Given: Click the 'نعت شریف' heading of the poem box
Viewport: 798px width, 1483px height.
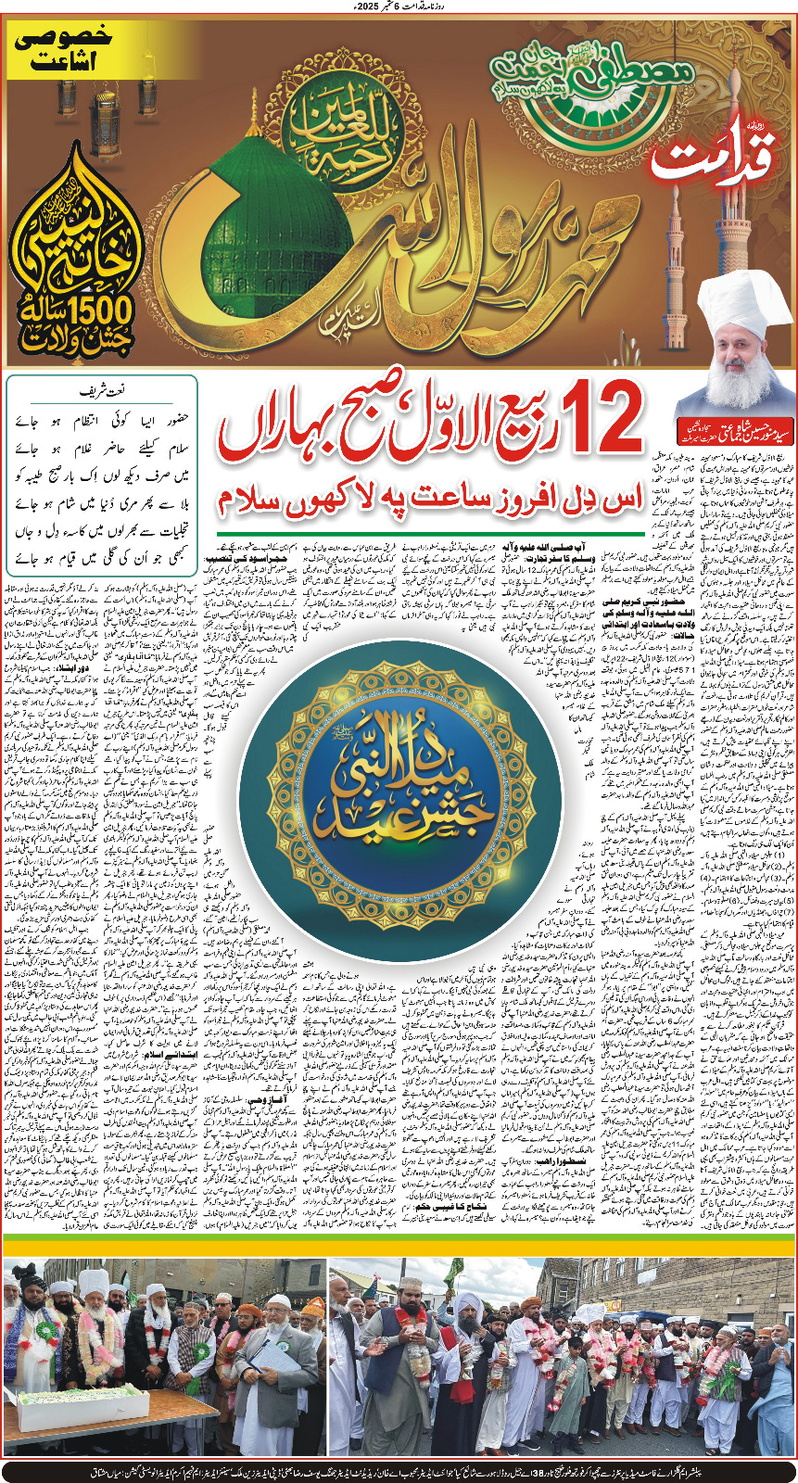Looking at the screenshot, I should (x=102, y=393).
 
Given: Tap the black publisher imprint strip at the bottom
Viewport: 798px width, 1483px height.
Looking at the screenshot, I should (x=399, y=1471).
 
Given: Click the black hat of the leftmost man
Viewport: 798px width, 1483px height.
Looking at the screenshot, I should (x=32, y=1285).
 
